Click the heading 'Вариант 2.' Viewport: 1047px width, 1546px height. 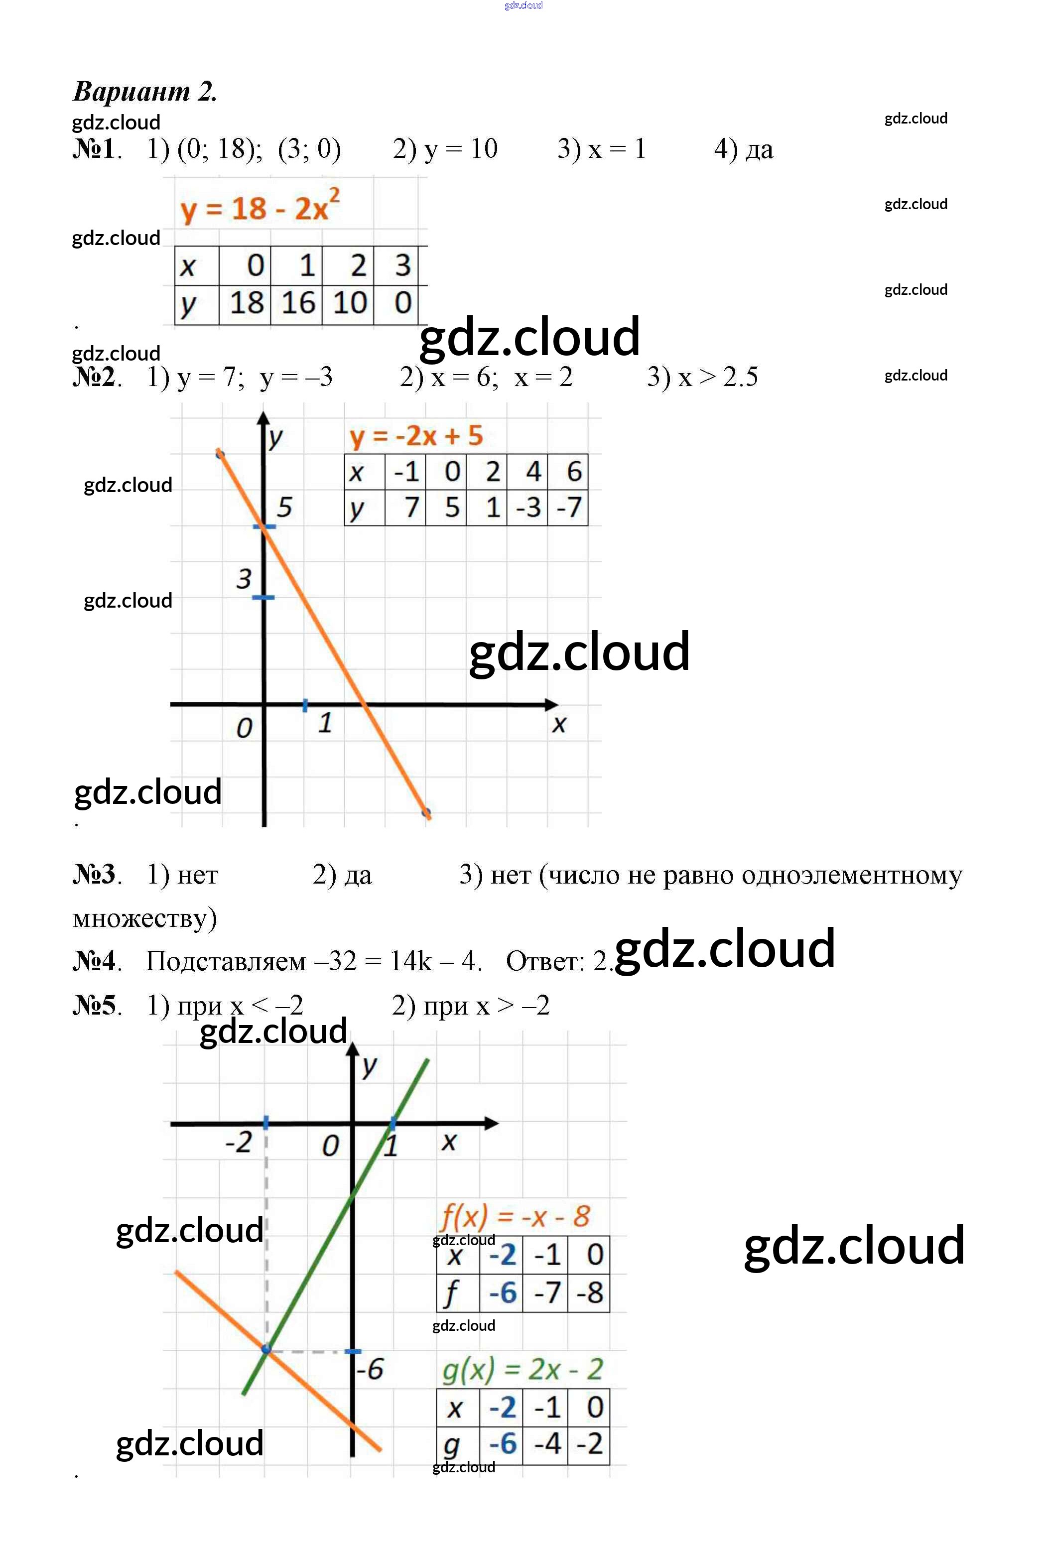point(145,91)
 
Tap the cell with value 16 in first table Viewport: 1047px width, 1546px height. point(297,303)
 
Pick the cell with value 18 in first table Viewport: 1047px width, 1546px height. point(246,303)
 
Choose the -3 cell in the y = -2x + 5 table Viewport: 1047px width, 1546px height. point(528,508)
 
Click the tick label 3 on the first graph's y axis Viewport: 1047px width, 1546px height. point(244,579)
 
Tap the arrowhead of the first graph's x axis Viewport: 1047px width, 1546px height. point(552,704)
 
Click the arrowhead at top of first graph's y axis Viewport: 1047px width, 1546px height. point(264,418)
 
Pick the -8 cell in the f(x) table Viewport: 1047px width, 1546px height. point(589,1293)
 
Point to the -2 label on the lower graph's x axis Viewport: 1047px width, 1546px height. point(238,1142)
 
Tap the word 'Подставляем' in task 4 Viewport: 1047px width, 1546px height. point(226,961)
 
